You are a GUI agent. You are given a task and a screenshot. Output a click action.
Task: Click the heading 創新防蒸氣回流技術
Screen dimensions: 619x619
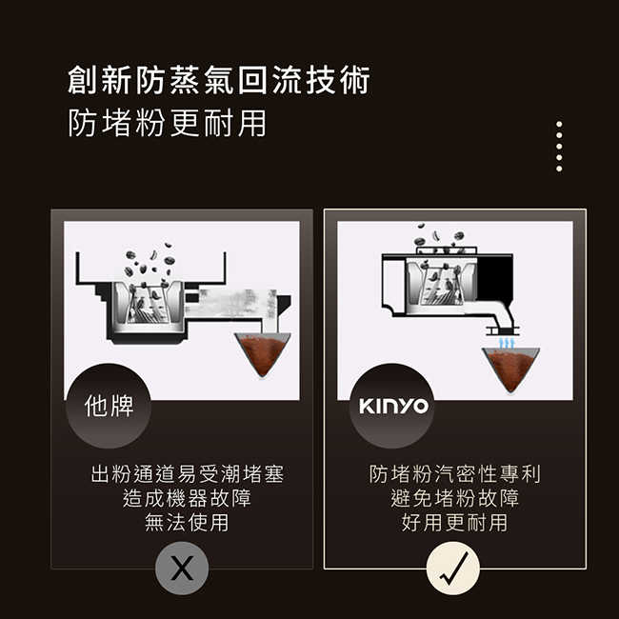[x=218, y=81]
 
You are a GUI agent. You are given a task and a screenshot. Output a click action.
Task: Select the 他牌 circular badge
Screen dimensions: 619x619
[x=109, y=407]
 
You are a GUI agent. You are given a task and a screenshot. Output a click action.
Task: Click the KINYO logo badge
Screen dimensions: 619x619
[x=392, y=407]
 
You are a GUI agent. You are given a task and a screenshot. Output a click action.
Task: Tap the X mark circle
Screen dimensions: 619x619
[x=181, y=569]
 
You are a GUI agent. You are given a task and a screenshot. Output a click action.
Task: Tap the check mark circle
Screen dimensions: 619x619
[x=453, y=569]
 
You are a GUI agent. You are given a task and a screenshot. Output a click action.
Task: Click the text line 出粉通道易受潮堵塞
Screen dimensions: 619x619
[x=187, y=474]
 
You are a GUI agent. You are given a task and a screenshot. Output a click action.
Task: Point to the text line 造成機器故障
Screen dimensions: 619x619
[x=187, y=498]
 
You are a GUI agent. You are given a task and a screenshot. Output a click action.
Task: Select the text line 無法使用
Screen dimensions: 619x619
[x=187, y=522]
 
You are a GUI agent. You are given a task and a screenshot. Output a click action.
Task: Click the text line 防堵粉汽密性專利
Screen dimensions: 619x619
[x=454, y=474]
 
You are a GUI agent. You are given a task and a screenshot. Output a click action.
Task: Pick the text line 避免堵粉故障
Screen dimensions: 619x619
[x=454, y=498]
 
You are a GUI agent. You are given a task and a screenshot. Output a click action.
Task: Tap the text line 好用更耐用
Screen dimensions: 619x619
[x=454, y=522]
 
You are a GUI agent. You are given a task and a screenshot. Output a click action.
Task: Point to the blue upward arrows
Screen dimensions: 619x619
[x=507, y=342]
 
